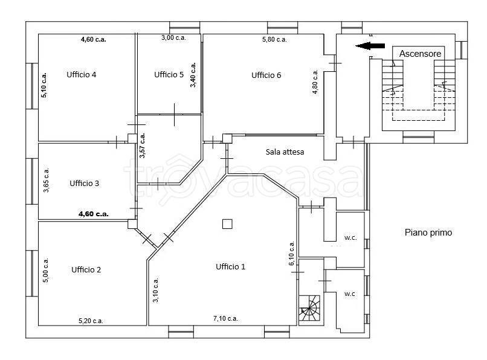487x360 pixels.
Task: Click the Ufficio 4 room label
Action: tap(82, 74)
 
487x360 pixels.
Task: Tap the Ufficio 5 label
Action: tap(169, 74)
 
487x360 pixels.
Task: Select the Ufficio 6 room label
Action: tap(266, 75)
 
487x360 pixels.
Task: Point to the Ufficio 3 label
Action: tap(84, 183)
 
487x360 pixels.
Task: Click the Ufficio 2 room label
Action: tap(86, 269)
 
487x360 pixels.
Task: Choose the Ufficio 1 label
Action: tap(230, 266)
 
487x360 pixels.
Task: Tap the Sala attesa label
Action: tap(285, 152)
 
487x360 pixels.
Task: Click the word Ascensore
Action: tap(420, 54)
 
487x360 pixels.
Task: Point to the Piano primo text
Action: tap(428, 233)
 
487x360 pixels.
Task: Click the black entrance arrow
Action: tap(370, 46)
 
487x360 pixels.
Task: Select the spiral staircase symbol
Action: tap(309, 308)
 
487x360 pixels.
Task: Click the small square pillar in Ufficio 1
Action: tap(227, 224)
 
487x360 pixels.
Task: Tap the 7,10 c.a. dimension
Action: tap(225, 318)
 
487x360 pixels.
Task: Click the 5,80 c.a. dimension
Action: tap(274, 39)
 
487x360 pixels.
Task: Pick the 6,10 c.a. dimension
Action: tap(292, 253)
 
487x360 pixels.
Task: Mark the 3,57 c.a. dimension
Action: tap(142, 146)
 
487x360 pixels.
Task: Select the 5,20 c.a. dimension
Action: tap(91, 321)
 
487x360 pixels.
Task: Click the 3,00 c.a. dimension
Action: tap(173, 37)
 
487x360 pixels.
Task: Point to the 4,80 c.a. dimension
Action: tap(315, 82)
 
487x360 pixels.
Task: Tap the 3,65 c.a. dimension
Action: tap(46, 180)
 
